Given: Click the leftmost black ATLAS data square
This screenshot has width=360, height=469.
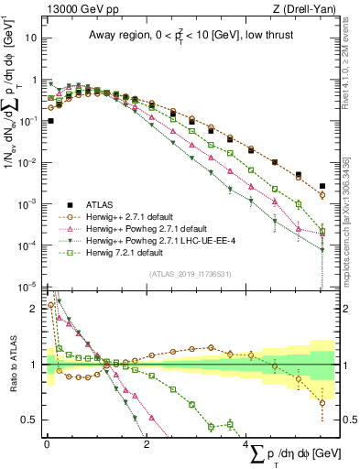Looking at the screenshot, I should coord(50,120).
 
